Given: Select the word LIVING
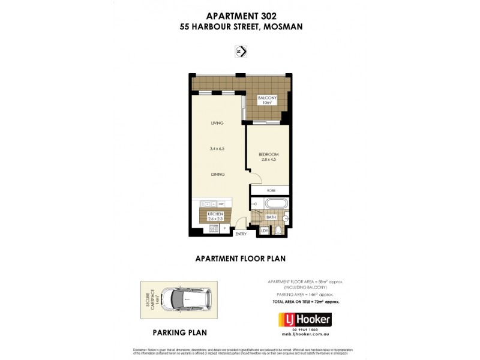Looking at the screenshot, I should pyautogui.click(x=217, y=123).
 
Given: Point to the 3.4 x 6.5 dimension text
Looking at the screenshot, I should pyautogui.click(x=217, y=148).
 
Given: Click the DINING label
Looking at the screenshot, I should pyautogui.click(x=217, y=174).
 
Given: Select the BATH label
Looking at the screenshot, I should pyautogui.click(x=271, y=217).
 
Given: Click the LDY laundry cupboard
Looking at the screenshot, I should pyautogui.click(x=264, y=230).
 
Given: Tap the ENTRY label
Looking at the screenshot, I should pyautogui.click(x=241, y=234).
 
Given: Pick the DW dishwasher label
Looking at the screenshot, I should pyautogui.click(x=221, y=205).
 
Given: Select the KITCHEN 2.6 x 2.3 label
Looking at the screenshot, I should pyautogui.click(x=215, y=217).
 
